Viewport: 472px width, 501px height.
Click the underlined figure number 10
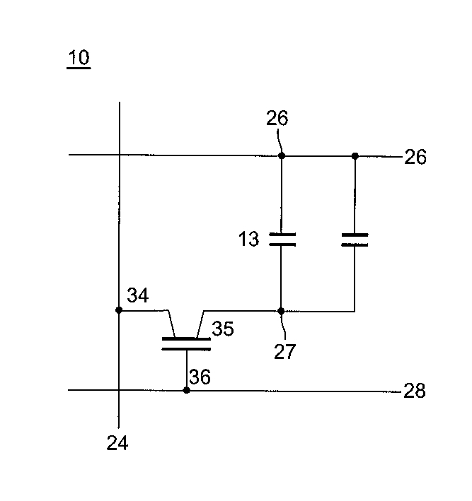pyautogui.click(x=79, y=57)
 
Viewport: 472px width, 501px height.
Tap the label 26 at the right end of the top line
pyautogui.click(x=415, y=157)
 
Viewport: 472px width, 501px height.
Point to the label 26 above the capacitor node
pyautogui.click(x=278, y=118)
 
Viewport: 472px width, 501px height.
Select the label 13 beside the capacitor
pyautogui.click(x=248, y=240)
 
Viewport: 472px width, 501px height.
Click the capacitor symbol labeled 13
pyautogui.click(x=282, y=239)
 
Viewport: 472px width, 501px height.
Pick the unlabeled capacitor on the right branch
pyautogui.click(x=355, y=240)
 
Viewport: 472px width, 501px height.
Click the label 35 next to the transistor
pyautogui.click(x=223, y=329)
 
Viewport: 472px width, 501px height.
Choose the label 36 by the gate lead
pyautogui.click(x=200, y=378)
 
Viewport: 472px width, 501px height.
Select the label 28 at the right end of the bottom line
pyautogui.click(x=415, y=391)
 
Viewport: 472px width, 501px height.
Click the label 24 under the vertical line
pyautogui.click(x=117, y=444)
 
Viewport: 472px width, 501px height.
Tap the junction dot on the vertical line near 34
pyautogui.click(x=119, y=310)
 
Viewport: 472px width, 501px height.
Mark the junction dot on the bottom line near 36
pyautogui.click(x=186, y=389)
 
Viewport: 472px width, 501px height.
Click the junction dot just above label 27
pyautogui.click(x=281, y=310)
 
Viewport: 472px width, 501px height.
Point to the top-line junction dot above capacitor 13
pyautogui.click(x=282, y=155)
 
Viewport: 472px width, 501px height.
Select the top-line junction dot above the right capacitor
pyautogui.click(x=355, y=155)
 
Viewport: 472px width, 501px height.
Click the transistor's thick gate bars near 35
pyautogui.click(x=186, y=343)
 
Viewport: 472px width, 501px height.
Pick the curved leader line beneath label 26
pyautogui.click(x=281, y=141)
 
